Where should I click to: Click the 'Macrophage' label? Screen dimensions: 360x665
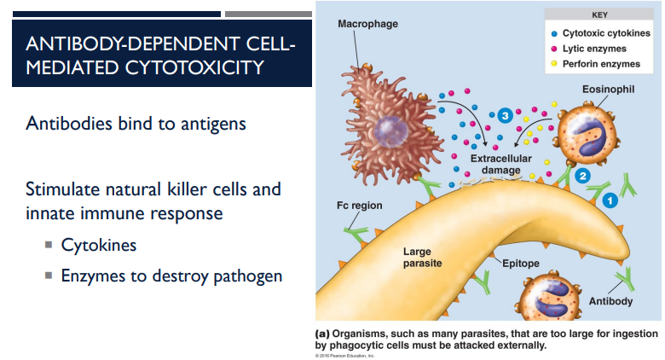tap(367, 24)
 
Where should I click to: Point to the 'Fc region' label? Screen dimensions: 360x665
tap(359, 206)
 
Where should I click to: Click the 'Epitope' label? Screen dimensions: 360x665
tap(520, 264)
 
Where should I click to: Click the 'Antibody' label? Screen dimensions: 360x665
tap(610, 301)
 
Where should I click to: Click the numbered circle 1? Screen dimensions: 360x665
tap(610, 200)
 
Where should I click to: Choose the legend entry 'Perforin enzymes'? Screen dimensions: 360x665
tap(602, 64)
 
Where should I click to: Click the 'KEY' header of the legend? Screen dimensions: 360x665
tap(599, 15)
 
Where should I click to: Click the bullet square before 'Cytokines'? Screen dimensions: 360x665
tap(49, 246)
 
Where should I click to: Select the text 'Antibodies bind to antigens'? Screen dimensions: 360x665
tap(136, 124)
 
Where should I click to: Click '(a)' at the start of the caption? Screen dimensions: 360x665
tap(323, 333)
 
